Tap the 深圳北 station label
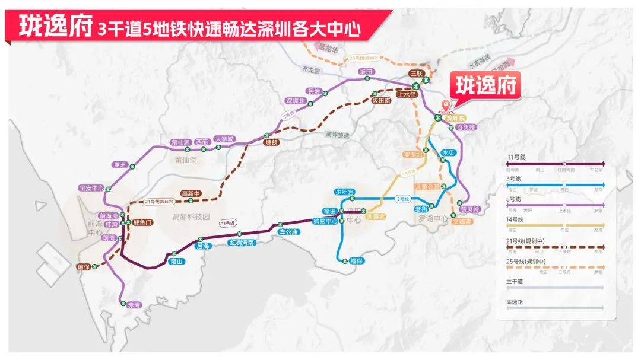point(295,100)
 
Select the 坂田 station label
point(366,72)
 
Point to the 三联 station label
point(417,73)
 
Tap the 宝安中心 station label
point(91,188)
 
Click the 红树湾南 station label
point(242,243)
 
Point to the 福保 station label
point(356,261)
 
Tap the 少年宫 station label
point(344,192)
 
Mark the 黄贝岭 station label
point(469,209)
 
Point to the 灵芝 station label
point(120,165)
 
